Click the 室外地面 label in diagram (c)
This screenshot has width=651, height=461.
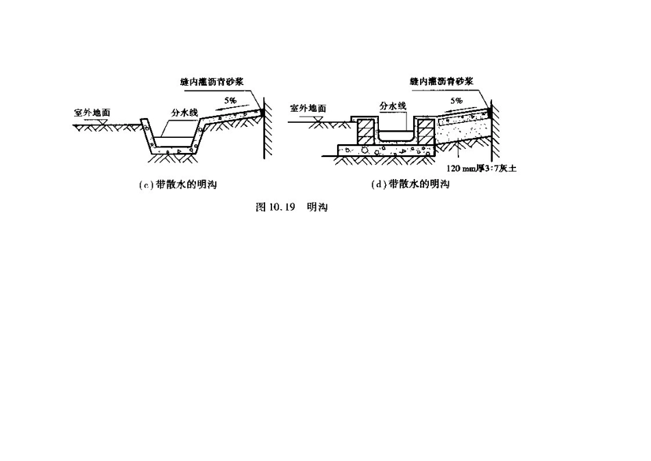(93, 110)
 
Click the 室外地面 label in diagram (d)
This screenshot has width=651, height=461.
(308, 108)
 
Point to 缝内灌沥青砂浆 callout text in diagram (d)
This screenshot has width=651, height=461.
(442, 81)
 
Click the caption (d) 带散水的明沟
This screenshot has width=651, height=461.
(409, 184)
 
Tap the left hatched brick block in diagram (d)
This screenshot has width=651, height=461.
(365, 132)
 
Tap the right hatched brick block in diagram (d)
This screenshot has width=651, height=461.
(426, 132)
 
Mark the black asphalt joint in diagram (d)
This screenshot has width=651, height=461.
(491, 109)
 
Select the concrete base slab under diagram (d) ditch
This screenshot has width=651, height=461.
(384, 149)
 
